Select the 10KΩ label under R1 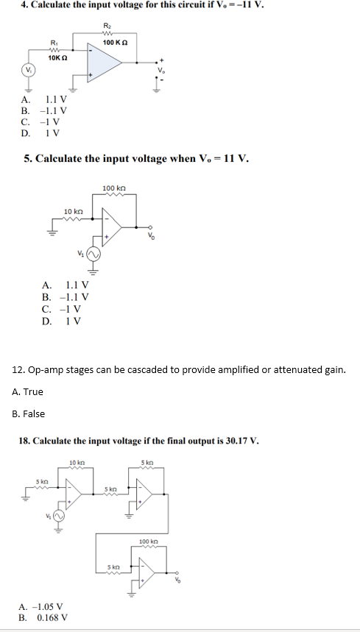(58, 57)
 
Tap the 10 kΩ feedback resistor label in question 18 (77, 461)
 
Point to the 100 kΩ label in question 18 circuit (149, 542)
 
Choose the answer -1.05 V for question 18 (54, 607)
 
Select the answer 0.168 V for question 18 (54, 618)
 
